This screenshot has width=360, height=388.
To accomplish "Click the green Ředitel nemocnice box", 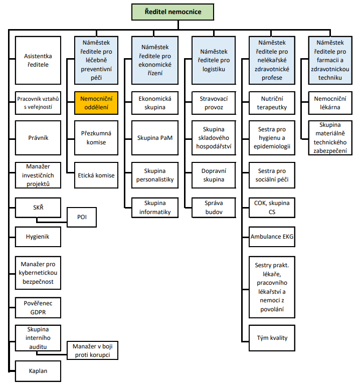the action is click(172, 12).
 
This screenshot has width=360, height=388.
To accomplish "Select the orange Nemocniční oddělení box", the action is click(96, 103).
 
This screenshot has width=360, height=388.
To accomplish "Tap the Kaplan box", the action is click(38, 371).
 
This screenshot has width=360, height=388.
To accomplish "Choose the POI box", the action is click(82, 217).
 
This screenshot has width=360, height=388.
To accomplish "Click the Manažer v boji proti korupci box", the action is click(93, 350).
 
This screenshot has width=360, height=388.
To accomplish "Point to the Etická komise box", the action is click(96, 175).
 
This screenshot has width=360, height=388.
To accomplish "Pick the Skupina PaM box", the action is click(155, 138).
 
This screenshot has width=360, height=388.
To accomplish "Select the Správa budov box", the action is click(214, 208).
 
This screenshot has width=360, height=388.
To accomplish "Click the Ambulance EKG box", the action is click(272, 237).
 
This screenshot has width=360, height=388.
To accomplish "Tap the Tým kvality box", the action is click(272, 338).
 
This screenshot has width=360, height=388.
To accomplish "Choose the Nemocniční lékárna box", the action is click(330, 103).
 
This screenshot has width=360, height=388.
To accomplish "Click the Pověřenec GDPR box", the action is click(38, 308).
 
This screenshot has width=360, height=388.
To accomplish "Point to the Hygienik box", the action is click(38, 237).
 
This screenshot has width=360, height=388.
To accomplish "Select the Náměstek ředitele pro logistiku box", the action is click(214, 60).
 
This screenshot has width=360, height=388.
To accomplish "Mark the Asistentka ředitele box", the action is click(38, 60).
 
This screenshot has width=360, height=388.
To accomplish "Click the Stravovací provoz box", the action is click(214, 103).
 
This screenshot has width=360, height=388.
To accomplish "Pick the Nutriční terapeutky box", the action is click(272, 103).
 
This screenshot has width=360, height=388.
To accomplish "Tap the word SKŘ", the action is click(38, 208).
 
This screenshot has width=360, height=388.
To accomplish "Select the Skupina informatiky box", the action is click(155, 208).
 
